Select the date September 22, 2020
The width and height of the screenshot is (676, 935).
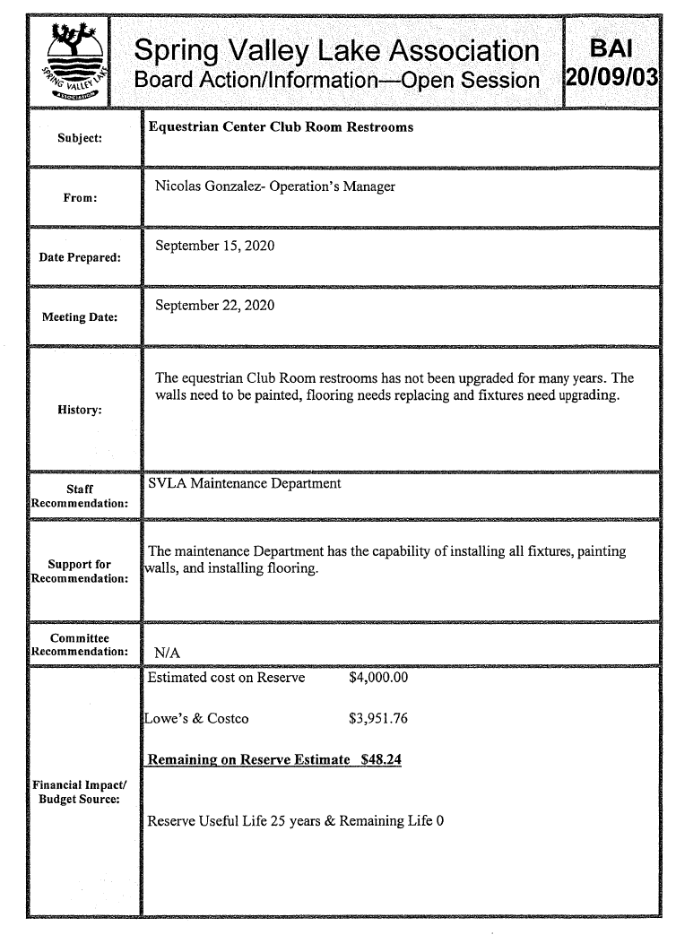214,306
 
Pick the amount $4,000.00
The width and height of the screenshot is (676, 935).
377,677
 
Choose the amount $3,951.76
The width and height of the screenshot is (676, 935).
377,718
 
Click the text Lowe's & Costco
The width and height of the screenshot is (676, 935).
196,718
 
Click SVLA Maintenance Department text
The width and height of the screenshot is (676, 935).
245,484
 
